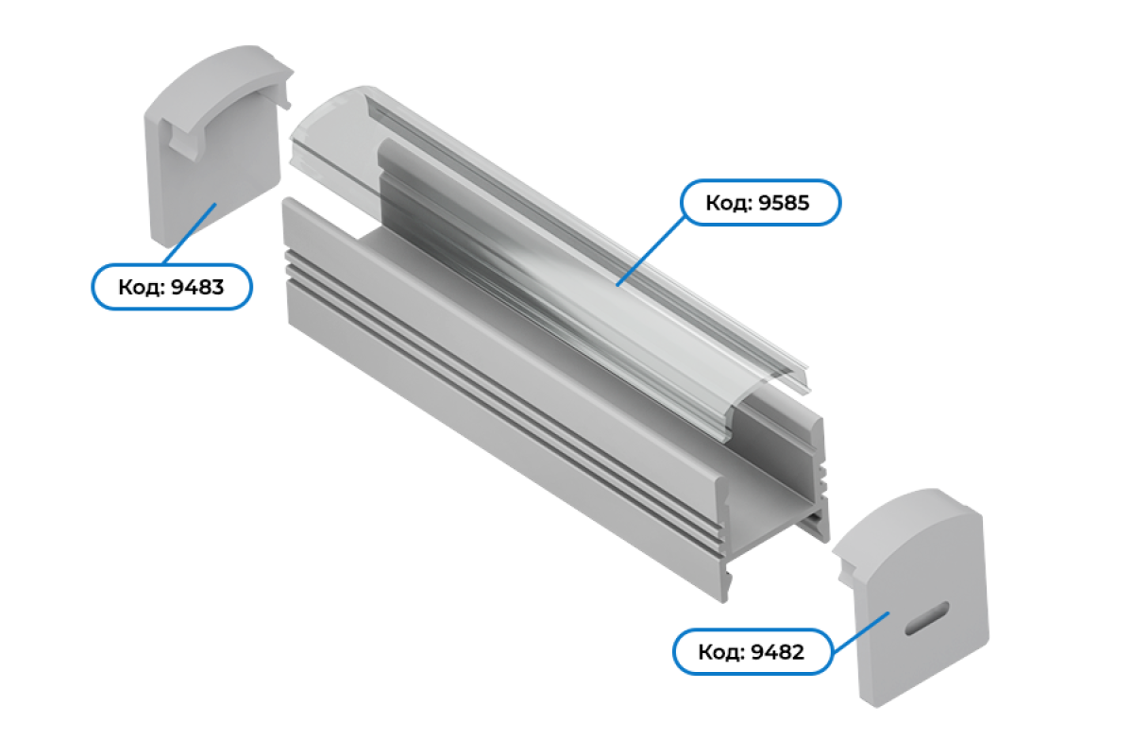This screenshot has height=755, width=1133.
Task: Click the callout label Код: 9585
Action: (760, 202)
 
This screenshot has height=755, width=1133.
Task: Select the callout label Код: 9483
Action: (172, 287)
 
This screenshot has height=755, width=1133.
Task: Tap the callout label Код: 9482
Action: (753, 652)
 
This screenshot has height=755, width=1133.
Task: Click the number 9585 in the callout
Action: (784, 203)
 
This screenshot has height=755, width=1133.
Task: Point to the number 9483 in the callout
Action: (197, 287)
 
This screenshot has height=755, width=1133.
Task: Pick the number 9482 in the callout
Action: (777, 652)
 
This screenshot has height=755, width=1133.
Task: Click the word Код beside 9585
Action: (726, 203)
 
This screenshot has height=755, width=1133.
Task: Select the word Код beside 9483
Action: (139, 288)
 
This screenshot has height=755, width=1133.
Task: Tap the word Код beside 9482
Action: (719, 653)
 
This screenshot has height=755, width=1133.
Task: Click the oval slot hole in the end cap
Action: (926, 618)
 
